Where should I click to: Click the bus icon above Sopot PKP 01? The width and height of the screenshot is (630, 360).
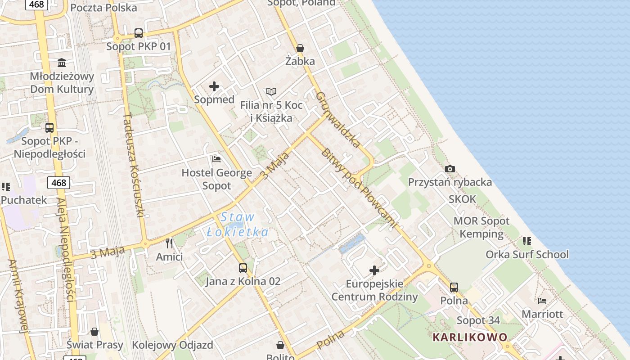[139, 33]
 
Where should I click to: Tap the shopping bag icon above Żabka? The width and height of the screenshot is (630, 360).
[300, 48]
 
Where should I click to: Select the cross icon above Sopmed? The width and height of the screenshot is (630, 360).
[214, 86]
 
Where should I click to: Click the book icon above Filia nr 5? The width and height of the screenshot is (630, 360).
[271, 92]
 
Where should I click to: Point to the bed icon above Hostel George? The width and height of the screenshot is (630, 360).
[216, 159]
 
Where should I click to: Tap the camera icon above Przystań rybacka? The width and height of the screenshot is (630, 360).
[450, 169]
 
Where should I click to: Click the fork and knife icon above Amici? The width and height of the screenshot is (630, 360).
[169, 243]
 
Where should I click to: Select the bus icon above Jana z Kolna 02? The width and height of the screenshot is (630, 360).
[243, 268]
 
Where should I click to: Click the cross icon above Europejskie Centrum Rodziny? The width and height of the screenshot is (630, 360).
[374, 270]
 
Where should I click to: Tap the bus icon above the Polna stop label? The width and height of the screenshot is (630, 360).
[454, 287]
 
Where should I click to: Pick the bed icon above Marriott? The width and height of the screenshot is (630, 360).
[542, 301]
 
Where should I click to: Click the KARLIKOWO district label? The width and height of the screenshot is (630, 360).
[470, 337]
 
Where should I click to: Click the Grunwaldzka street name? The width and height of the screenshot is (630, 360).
[338, 120]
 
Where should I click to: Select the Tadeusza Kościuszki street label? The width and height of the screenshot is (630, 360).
[133, 165]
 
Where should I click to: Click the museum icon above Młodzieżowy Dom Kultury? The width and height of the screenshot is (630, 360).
[62, 63]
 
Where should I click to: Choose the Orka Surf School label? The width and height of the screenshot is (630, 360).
[527, 255]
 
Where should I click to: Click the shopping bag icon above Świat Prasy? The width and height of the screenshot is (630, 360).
[94, 332]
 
